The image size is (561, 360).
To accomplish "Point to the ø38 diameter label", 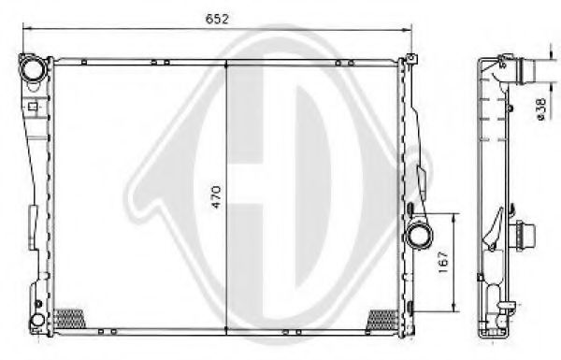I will click(x=543, y=111).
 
